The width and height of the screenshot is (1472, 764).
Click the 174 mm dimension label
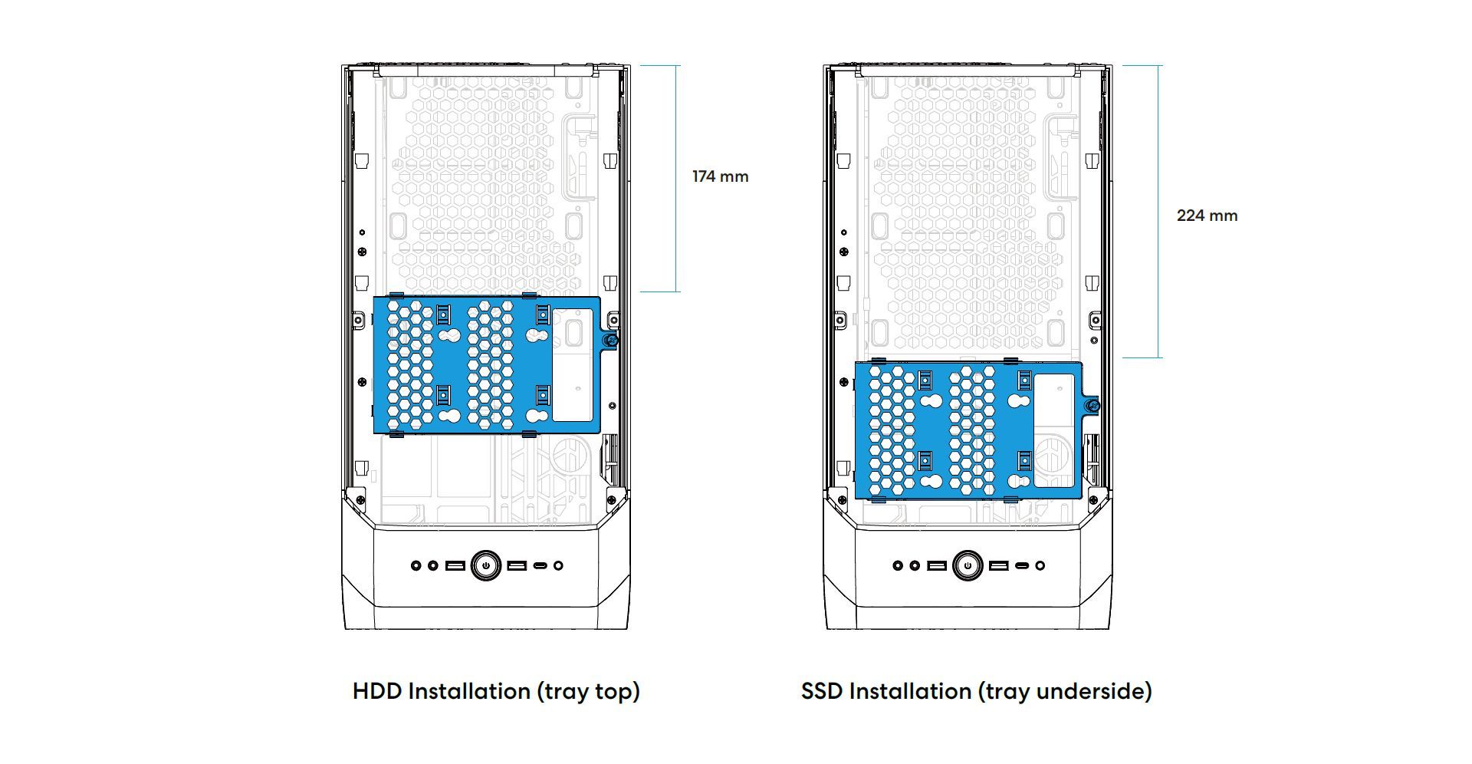(720, 176)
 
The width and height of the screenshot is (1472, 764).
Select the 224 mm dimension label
(1207, 216)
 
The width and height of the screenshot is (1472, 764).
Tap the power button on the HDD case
(486, 565)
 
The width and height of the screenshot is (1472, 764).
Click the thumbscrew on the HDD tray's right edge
(610, 341)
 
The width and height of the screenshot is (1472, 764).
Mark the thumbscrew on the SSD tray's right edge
(1092, 406)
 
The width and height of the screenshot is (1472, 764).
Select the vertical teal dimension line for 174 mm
(676, 179)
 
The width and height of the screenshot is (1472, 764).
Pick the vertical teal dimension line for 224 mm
(1158, 211)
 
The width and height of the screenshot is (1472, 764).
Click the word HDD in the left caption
(377, 691)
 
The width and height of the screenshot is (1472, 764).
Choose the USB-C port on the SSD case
(1023, 565)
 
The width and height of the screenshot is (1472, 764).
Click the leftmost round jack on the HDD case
(416, 565)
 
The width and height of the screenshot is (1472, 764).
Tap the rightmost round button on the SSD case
(1040, 565)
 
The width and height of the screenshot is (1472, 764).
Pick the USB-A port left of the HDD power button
(455, 565)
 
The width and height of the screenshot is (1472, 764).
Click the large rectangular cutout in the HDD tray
(573, 365)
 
